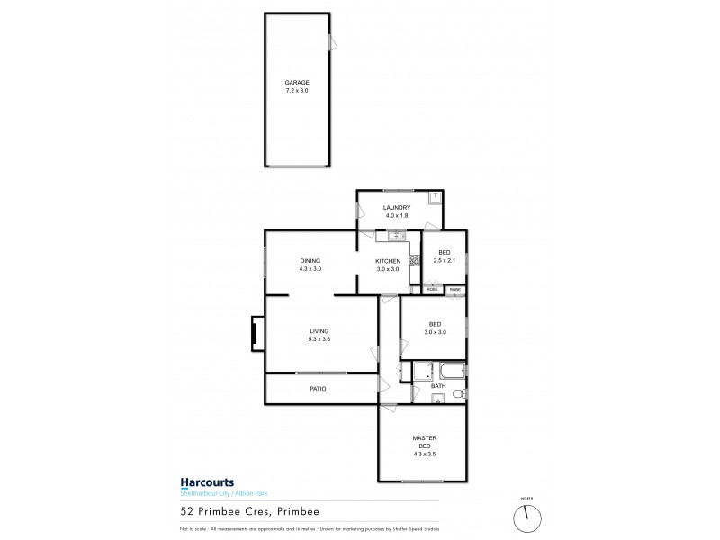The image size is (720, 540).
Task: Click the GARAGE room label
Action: tap(297, 82)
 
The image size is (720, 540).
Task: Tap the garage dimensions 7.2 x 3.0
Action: tap(297, 91)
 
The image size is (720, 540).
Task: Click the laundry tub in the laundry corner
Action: tap(436, 197)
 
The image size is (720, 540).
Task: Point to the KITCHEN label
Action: tap(389, 261)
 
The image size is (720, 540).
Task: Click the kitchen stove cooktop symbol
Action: tap(415, 262)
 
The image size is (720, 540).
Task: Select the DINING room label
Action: tap(310, 261)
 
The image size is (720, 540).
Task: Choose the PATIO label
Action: tap(317, 389)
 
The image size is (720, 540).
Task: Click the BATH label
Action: tap(438, 386)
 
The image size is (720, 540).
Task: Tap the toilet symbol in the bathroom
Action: tap(458, 392)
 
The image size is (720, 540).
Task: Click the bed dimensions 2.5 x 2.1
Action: tap(445, 261)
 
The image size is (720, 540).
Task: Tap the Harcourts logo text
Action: tap(202, 482)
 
